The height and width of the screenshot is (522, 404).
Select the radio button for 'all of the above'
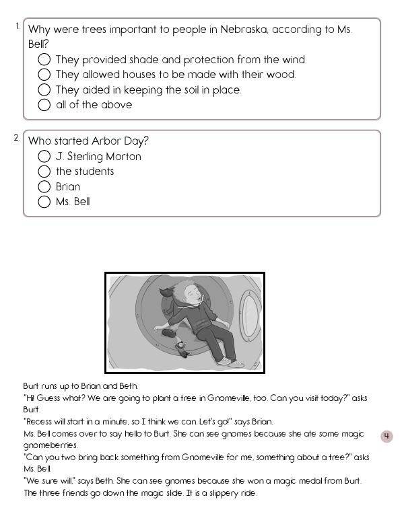click(44, 105)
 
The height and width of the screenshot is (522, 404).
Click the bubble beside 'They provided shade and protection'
click(44, 60)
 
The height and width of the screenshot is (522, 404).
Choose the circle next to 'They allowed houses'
click(44, 75)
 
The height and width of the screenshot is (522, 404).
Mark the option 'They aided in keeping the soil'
click(44, 89)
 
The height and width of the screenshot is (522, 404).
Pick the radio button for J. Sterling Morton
click(44, 157)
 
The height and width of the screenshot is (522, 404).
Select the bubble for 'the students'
click(44, 172)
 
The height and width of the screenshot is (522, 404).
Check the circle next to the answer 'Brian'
click(44, 187)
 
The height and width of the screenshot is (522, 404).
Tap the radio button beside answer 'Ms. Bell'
click(44, 202)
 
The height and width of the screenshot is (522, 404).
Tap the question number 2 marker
click(17, 137)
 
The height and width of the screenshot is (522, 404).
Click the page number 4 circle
click(386, 437)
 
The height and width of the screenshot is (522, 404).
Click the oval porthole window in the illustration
click(250, 315)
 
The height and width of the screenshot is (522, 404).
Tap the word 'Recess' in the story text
click(38, 422)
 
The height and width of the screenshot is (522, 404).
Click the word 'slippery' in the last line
click(213, 493)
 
